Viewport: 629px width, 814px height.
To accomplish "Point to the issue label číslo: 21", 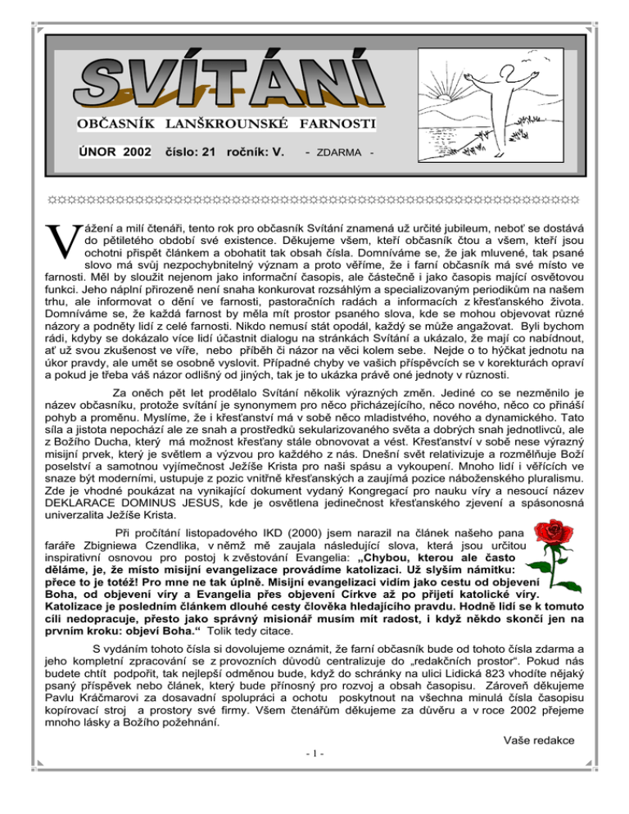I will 190,151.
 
